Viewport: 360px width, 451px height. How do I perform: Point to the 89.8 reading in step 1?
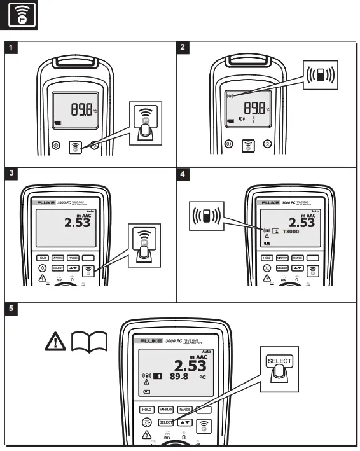point(83,110)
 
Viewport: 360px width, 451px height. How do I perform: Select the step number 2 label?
point(184,47)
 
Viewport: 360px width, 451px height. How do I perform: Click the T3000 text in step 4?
point(294,232)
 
